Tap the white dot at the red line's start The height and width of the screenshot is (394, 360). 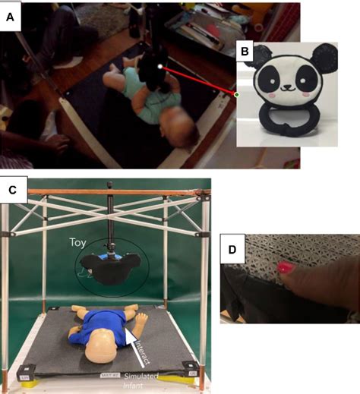pos(159,68)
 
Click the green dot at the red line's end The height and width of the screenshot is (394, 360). pos(237,95)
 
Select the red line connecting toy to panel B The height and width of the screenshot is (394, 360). pos(197,81)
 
